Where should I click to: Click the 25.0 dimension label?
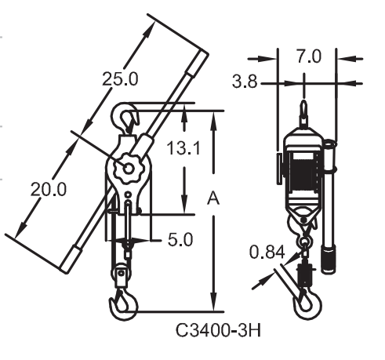(120, 79)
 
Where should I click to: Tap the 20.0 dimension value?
(49, 189)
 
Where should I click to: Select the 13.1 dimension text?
(183, 148)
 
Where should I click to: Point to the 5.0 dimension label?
(180, 239)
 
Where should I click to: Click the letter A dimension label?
(213, 198)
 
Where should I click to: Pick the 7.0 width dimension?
(309, 56)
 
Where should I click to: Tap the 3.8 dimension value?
(245, 82)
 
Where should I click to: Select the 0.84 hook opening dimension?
(267, 253)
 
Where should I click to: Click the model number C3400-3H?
(218, 330)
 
